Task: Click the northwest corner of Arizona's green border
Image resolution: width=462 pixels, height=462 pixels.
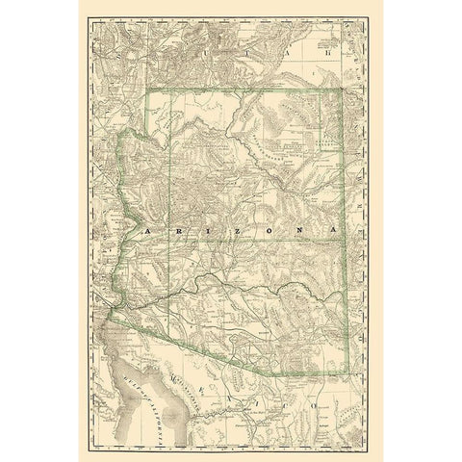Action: point(145,90)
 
